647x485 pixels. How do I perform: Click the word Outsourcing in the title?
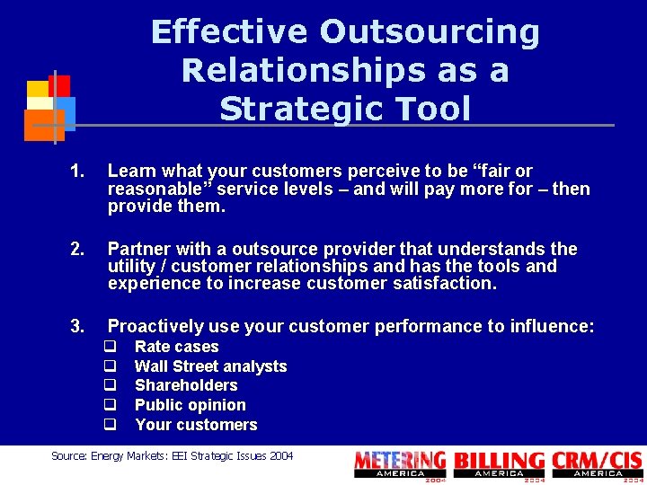tap(430, 32)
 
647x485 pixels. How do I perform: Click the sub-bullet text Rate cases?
tap(176, 347)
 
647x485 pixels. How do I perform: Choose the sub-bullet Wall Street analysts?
tap(210, 366)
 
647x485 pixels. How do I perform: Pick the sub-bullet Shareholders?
tap(186, 385)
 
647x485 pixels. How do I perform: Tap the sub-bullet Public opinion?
tap(190, 405)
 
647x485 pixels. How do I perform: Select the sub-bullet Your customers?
tap(196, 425)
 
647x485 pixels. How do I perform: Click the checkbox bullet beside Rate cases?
tap(111, 347)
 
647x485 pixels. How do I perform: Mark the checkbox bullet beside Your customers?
tap(111, 425)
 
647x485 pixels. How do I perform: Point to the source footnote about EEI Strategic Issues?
tap(172, 456)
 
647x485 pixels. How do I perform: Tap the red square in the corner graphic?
tap(59, 85)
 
